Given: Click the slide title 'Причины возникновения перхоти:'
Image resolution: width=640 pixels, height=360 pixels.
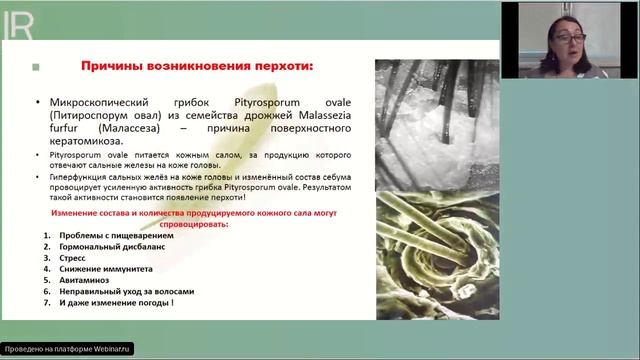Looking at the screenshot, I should [196, 66].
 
